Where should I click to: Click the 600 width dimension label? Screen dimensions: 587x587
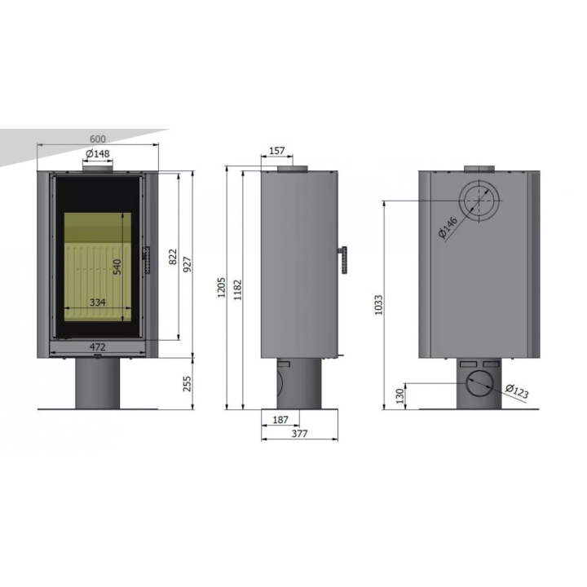pos(98,139)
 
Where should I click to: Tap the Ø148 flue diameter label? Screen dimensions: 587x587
pos(98,153)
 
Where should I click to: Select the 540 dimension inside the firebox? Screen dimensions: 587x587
pos(117,267)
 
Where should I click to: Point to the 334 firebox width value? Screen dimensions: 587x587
pos(98,302)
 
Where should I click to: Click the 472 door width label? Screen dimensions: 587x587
pos(98,346)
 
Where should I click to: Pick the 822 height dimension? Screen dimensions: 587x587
pos(173,257)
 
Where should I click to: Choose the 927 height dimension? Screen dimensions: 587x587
pos(188,264)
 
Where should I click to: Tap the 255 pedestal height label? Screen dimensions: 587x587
pos(187,384)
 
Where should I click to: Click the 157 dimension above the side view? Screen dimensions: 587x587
pos(277,151)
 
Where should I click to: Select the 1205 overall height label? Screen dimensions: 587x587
pos(221,288)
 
